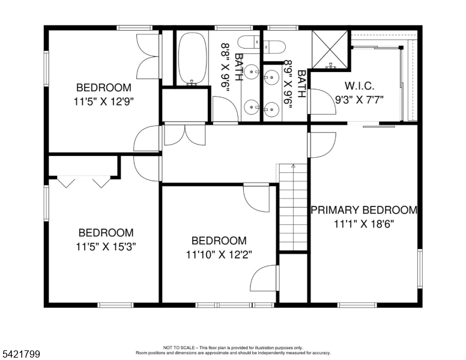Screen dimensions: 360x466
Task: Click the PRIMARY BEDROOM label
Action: click(x=363, y=210)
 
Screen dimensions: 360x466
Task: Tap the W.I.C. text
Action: click(x=359, y=85)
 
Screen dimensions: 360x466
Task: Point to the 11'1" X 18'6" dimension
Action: click(x=363, y=223)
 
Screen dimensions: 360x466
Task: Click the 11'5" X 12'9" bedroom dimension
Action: click(x=104, y=101)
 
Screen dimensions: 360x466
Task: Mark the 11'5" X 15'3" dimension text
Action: click(x=106, y=246)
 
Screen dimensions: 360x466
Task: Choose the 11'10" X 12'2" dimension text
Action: click(x=219, y=254)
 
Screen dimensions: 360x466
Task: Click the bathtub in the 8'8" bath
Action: click(x=192, y=58)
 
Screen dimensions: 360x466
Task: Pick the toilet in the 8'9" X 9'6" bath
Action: click(x=276, y=47)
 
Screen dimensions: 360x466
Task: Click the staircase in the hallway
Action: click(x=293, y=207)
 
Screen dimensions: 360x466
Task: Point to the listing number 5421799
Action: click(x=21, y=355)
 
